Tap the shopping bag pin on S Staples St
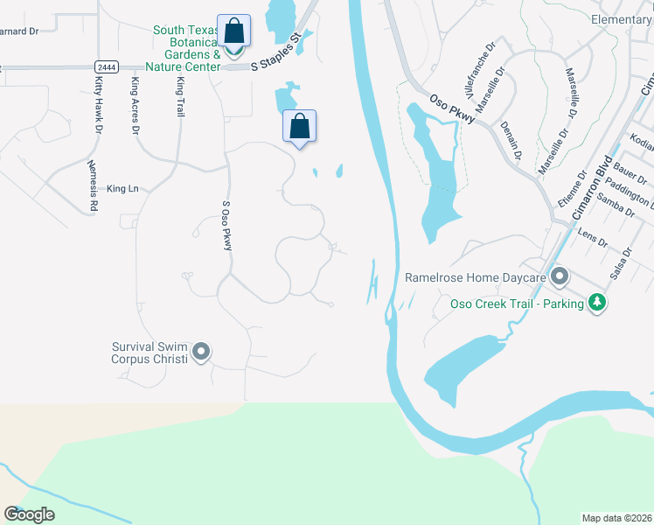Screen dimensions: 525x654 [233, 32]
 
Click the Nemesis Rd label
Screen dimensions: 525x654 [92, 186]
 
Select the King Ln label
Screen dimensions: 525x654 [122, 188]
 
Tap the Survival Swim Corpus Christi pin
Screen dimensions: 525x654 [202, 352]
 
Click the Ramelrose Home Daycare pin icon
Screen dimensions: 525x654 [560, 278]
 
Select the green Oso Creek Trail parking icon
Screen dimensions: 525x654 [598, 303]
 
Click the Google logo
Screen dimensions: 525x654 [29, 514]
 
